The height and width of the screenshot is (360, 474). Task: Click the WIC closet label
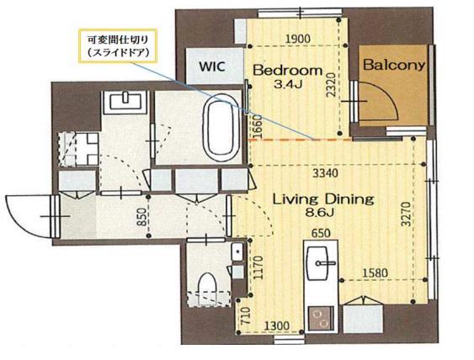[212, 66]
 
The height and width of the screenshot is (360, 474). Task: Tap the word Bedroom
[288, 71]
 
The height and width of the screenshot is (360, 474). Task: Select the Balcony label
[394, 65]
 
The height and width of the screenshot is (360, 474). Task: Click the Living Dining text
[323, 199]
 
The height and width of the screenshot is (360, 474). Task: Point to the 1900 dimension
[298, 39]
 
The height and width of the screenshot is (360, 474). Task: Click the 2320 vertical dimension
[332, 85]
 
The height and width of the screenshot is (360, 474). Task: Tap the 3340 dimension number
[325, 173]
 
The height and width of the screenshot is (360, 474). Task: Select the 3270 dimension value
[406, 214]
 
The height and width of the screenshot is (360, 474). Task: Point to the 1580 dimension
[375, 273]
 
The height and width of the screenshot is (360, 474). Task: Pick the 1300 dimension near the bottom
[277, 326]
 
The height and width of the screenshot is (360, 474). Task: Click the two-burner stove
[321, 320]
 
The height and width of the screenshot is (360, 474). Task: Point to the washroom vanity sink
[125, 101]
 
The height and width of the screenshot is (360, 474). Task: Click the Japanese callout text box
[118, 46]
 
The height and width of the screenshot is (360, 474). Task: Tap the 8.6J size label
[319, 213]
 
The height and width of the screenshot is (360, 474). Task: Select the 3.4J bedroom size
[288, 84]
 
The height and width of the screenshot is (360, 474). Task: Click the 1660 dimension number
[257, 127]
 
